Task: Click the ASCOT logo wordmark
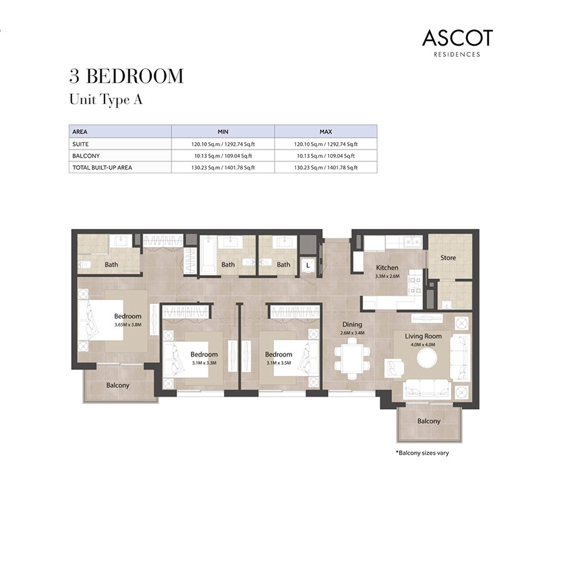point(457,38)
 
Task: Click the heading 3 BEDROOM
point(126,76)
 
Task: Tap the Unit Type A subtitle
point(105,99)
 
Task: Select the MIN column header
point(223,132)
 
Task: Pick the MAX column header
point(325,132)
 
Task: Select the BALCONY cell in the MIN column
point(223,156)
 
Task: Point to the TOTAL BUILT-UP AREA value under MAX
point(325,168)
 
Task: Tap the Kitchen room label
point(387,268)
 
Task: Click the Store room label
point(448,258)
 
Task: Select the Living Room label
point(424,336)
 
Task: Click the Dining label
point(352,325)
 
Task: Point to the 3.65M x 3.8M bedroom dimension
point(128,325)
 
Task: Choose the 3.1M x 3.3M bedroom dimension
point(204,363)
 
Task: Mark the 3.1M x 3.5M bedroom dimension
point(278,363)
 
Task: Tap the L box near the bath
point(308,266)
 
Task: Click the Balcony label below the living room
point(429,421)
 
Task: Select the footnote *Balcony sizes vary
point(422,453)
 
